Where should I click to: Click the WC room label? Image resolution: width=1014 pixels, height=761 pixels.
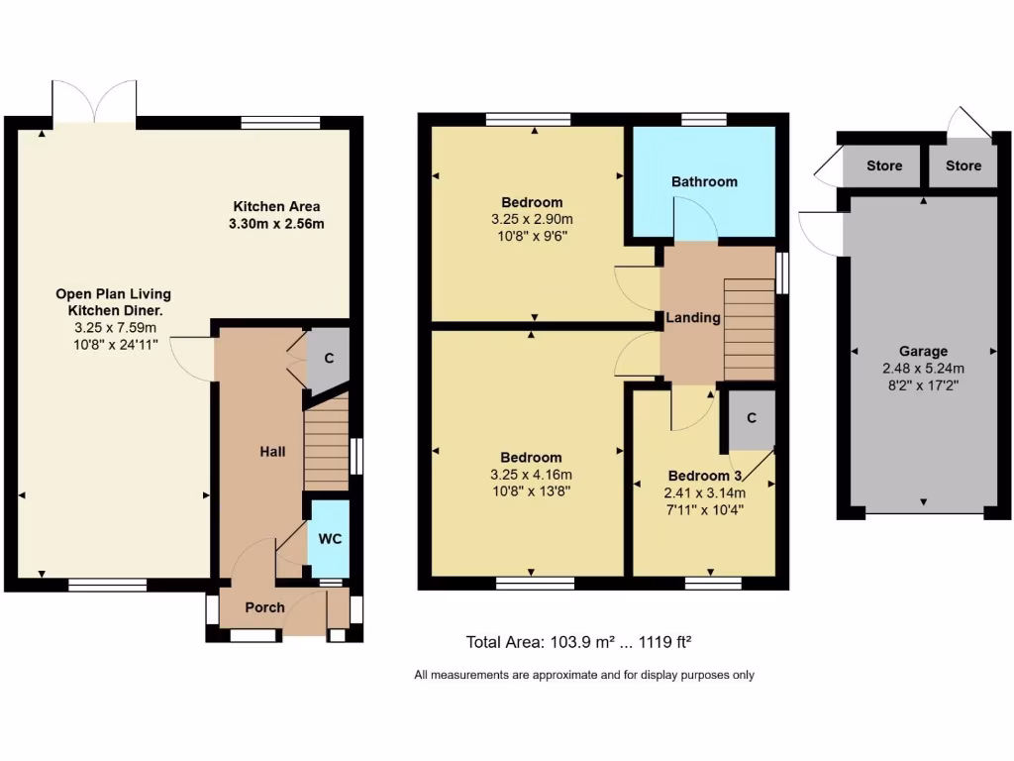(x=330, y=538)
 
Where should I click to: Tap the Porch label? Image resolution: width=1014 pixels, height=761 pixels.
(x=264, y=607)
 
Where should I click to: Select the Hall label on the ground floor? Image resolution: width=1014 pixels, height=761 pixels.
(x=272, y=452)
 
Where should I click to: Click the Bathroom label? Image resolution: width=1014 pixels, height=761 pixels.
(x=704, y=181)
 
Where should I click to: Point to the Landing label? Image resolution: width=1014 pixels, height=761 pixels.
(x=692, y=318)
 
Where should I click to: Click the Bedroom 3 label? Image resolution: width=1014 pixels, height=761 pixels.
(x=704, y=475)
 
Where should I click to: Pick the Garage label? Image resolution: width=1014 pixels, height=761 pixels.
(x=923, y=351)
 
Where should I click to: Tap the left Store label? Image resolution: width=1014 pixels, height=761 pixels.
(x=884, y=165)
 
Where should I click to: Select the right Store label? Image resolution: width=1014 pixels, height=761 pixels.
(x=963, y=165)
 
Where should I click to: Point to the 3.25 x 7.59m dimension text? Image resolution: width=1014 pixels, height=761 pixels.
(x=113, y=326)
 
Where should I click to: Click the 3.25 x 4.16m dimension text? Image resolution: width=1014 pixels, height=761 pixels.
(x=531, y=474)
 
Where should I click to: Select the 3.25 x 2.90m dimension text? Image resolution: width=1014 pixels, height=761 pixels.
(x=532, y=219)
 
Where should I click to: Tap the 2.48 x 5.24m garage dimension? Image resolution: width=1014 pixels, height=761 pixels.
(x=923, y=368)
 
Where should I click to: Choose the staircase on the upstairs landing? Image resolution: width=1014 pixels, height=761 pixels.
(x=749, y=328)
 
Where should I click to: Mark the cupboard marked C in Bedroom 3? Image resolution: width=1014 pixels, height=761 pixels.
(x=752, y=418)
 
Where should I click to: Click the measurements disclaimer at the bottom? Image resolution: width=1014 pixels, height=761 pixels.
(x=583, y=675)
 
